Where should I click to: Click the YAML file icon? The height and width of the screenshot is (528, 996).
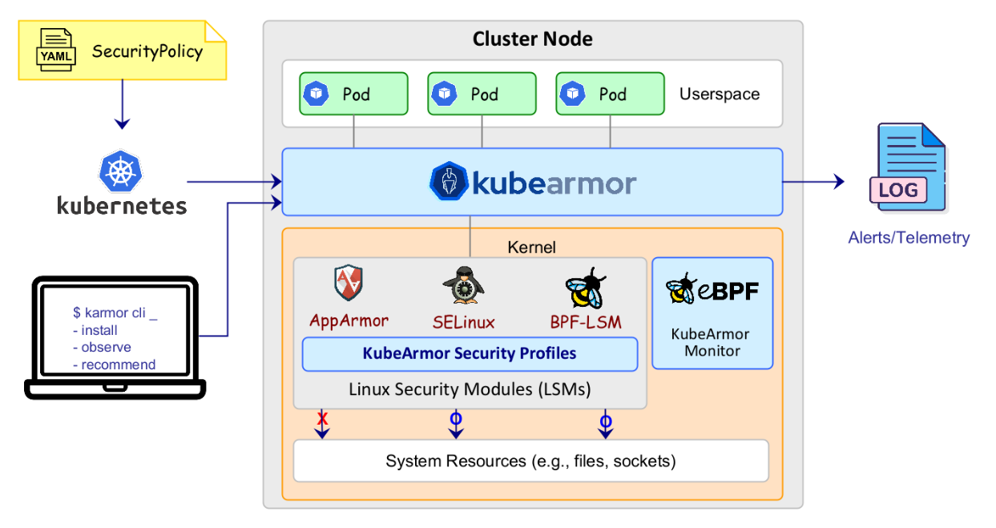point(55,50)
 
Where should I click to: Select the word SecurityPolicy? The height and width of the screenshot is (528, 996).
point(147,51)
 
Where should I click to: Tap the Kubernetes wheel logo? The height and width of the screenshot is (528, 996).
point(120,171)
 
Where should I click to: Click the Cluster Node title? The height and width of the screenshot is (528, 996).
point(532,38)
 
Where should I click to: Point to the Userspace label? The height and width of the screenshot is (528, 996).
point(720,95)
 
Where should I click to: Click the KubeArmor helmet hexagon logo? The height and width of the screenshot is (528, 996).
point(449,181)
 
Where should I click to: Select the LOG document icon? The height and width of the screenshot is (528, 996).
point(908,167)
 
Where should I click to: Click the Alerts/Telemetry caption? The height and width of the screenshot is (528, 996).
point(909,238)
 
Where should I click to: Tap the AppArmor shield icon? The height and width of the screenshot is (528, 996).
point(348,283)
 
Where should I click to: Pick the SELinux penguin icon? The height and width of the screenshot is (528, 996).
point(463,285)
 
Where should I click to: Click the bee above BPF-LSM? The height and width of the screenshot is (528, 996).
point(586,288)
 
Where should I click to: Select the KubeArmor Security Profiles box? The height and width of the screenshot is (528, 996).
point(470,354)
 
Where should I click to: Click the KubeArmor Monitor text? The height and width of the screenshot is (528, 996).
point(711,342)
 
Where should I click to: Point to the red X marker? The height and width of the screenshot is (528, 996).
point(322,418)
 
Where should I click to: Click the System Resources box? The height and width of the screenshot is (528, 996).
point(531,461)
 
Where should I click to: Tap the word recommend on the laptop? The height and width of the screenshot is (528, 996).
point(119,365)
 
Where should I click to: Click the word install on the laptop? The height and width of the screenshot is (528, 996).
point(99,330)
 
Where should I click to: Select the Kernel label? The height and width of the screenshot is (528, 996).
point(531,247)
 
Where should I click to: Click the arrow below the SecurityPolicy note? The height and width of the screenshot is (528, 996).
point(123,105)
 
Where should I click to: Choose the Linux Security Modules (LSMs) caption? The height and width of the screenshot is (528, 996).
point(470,389)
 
